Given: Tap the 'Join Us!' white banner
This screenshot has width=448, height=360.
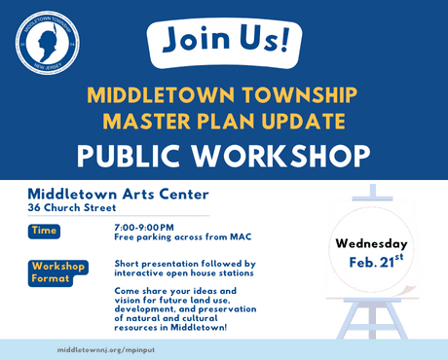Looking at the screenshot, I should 223,41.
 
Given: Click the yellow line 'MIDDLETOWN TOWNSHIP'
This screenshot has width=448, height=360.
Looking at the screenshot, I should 223,96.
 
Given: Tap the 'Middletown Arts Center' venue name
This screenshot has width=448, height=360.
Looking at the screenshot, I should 118,193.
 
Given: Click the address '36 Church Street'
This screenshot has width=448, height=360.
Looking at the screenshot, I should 72,207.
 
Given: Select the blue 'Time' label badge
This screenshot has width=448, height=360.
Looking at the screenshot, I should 45,231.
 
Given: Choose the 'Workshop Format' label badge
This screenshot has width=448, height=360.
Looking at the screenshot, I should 58,272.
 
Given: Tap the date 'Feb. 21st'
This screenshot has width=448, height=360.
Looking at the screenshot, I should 375,263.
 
